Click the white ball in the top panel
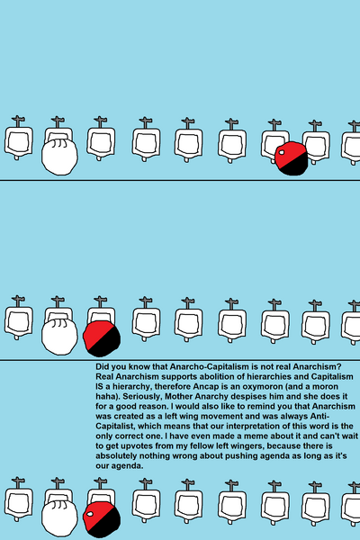[59, 157]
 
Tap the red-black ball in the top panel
[291, 158]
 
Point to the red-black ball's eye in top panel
[282, 152]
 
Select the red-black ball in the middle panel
[102, 338]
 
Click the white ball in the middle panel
[59, 337]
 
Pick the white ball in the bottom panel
[59, 518]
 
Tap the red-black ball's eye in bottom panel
[90, 514]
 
